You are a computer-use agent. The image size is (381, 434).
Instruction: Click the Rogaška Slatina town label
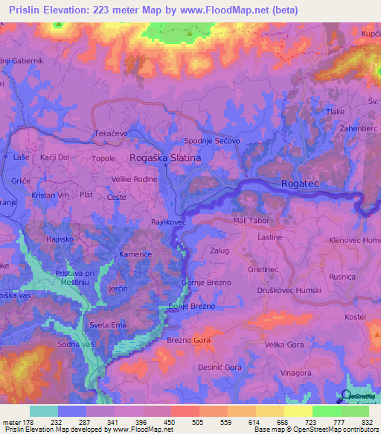(x=165, y=158)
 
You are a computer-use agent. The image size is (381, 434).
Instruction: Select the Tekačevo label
(x=111, y=132)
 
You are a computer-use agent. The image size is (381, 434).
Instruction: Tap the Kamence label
(x=136, y=254)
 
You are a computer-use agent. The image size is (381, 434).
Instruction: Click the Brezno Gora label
(x=188, y=340)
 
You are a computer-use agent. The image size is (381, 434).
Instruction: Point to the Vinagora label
(x=306, y=372)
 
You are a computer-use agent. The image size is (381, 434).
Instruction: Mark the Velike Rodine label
(x=134, y=179)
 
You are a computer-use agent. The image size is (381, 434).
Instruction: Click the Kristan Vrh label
(x=48, y=194)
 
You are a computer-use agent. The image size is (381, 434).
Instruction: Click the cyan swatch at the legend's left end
(x=44, y=411)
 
